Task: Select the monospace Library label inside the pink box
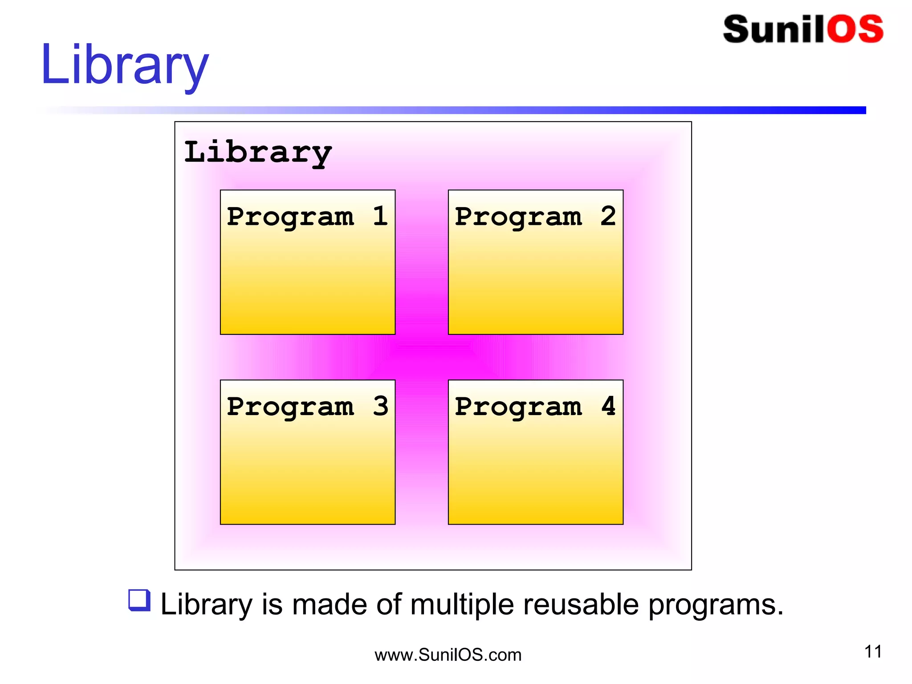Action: coord(258,152)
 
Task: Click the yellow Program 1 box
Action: coord(307,276)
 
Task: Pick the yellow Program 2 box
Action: coord(535,276)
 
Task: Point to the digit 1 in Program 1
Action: coord(380,216)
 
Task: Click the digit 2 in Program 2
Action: coord(608,216)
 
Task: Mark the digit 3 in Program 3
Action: coord(380,406)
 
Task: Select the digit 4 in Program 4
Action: coord(608,406)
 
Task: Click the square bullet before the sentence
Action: coord(139,600)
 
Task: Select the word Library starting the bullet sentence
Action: coord(206,605)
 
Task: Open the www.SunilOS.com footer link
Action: coord(448,655)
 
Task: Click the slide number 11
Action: coord(873,652)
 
